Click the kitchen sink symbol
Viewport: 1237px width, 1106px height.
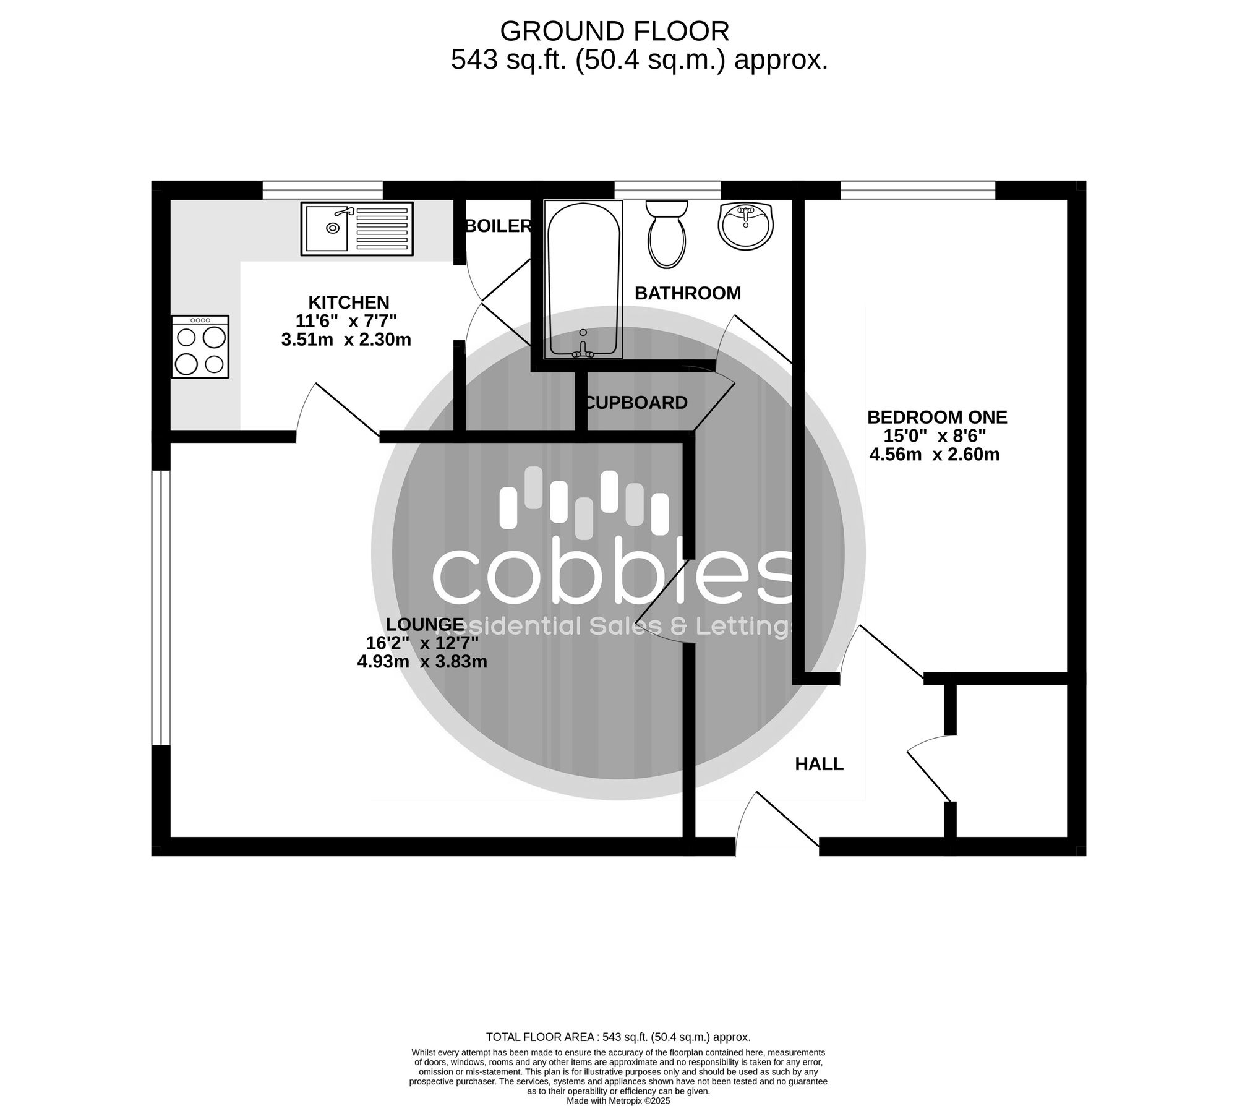click(358, 229)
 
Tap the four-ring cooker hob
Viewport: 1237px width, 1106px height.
click(200, 347)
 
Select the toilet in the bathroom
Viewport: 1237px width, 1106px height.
click(666, 234)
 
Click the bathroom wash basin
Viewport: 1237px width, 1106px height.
click(746, 226)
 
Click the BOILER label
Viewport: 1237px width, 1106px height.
click(499, 226)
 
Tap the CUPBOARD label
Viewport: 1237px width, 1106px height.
click(636, 403)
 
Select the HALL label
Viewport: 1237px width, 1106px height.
click(819, 764)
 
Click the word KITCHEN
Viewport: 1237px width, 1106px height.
click(349, 302)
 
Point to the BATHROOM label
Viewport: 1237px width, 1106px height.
click(688, 293)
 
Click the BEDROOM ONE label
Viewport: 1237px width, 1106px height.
click(937, 418)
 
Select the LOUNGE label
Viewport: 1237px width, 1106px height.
click(424, 625)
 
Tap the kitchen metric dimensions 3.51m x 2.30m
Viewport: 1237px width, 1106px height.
click(346, 340)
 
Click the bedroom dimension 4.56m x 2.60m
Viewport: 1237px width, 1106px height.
click(935, 455)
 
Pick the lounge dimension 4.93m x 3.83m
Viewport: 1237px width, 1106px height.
click(422, 662)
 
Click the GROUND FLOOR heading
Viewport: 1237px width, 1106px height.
click(615, 31)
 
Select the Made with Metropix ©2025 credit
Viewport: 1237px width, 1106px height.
click(618, 1101)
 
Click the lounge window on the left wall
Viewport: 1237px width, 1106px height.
click(161, 608)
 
